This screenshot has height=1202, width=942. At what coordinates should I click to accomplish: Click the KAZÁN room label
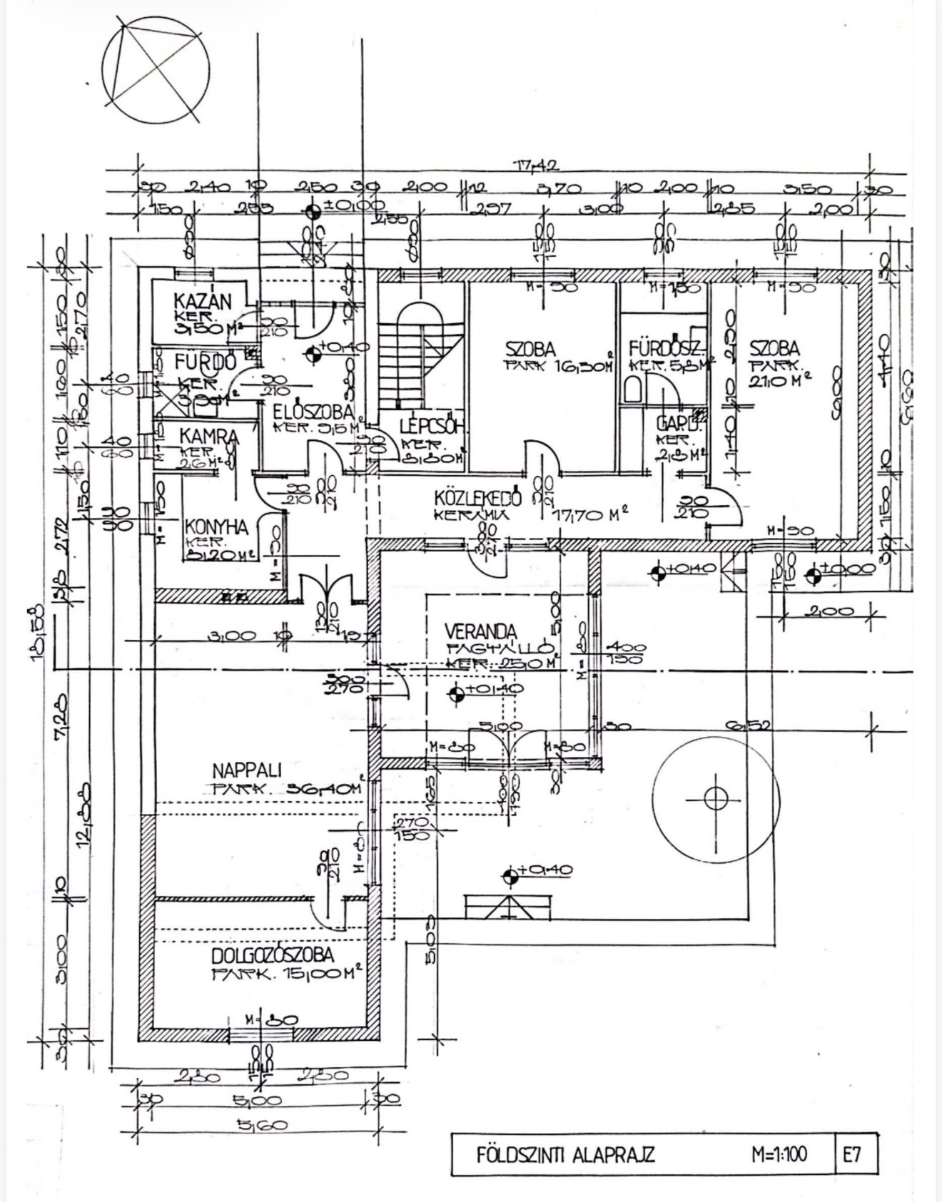click(x=203, y=301)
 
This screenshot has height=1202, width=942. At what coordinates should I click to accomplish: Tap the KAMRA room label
click(x=198, y=435)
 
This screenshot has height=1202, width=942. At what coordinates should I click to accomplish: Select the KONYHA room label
click(x=216, y=527)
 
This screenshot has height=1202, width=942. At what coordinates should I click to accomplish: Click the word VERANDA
click(x=480, y=632)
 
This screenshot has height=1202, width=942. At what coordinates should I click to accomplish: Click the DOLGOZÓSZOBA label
click(x=273, y=956)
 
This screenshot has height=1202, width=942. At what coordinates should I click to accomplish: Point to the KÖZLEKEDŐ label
click(x=478, y=497)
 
